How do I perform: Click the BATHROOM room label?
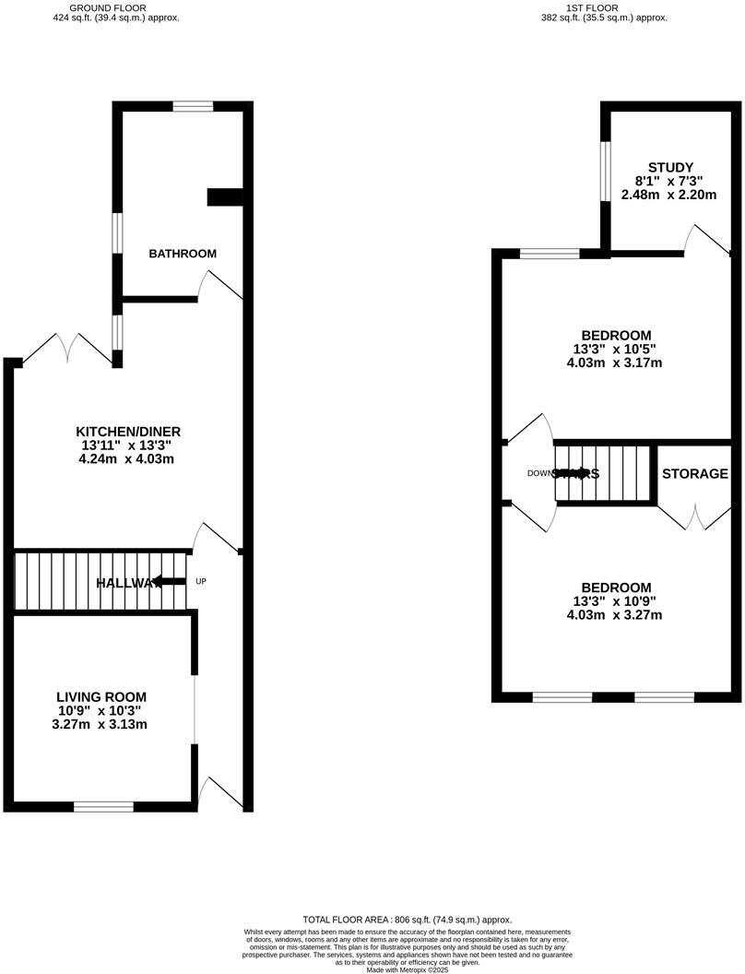pos(183,254)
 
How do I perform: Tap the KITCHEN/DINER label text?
pos(128,431)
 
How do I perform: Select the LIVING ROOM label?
pos(101,696)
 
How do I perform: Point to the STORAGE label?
pos(694,473)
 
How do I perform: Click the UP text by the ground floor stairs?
pos(202,581)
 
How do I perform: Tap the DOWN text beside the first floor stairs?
pos(539,473)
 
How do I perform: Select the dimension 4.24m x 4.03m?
pos(128,458)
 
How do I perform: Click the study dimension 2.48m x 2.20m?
pos(668,195)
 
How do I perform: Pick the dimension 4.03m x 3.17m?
pos(615,362)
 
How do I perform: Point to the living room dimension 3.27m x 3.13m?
pos(101,724)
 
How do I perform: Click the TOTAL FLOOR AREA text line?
pos(407,920)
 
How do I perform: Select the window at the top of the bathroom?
pos(193,106)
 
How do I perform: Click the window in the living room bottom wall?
pos(103,806)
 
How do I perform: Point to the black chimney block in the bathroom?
pos(224,196)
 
